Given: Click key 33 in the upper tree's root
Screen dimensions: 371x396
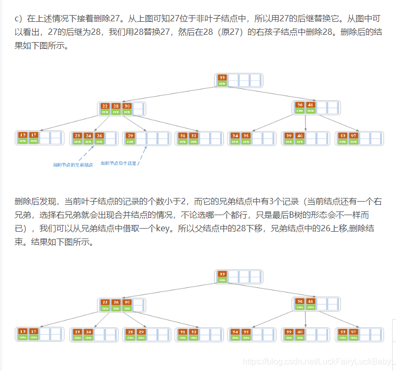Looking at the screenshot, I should [222, 78].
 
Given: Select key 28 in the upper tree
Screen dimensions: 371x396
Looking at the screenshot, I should [116, 105].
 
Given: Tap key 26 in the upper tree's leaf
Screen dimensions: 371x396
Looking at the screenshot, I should [99, 136].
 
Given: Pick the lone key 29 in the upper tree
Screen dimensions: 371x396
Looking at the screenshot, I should [130, 136].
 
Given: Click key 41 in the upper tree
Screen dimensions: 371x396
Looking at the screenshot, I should [310, 105].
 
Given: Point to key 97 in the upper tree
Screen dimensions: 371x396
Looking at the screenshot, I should [353, 136].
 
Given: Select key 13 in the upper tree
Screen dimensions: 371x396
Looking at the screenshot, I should [22, 135].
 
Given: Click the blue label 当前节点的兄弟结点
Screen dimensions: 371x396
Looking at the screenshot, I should [73, 165].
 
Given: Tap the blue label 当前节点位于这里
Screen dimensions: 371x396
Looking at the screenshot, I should [118, 163].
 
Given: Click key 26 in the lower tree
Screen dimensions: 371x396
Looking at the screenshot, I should [116, 302].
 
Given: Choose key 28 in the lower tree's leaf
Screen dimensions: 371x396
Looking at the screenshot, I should [130, 332].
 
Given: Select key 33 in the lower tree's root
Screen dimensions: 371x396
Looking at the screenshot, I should [222, 274].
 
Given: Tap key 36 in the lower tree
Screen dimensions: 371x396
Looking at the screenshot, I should [299, 301].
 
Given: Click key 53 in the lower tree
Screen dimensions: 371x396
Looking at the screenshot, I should [342, 332].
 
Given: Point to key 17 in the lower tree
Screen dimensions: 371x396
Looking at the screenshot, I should [34, 332].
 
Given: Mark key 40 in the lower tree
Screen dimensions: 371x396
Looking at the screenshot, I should [300, 332].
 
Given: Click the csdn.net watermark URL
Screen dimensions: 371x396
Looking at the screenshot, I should [317, 361].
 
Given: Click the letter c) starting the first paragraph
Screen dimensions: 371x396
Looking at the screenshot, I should [18, 19].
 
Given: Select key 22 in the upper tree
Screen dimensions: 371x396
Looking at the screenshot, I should [105, 105].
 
